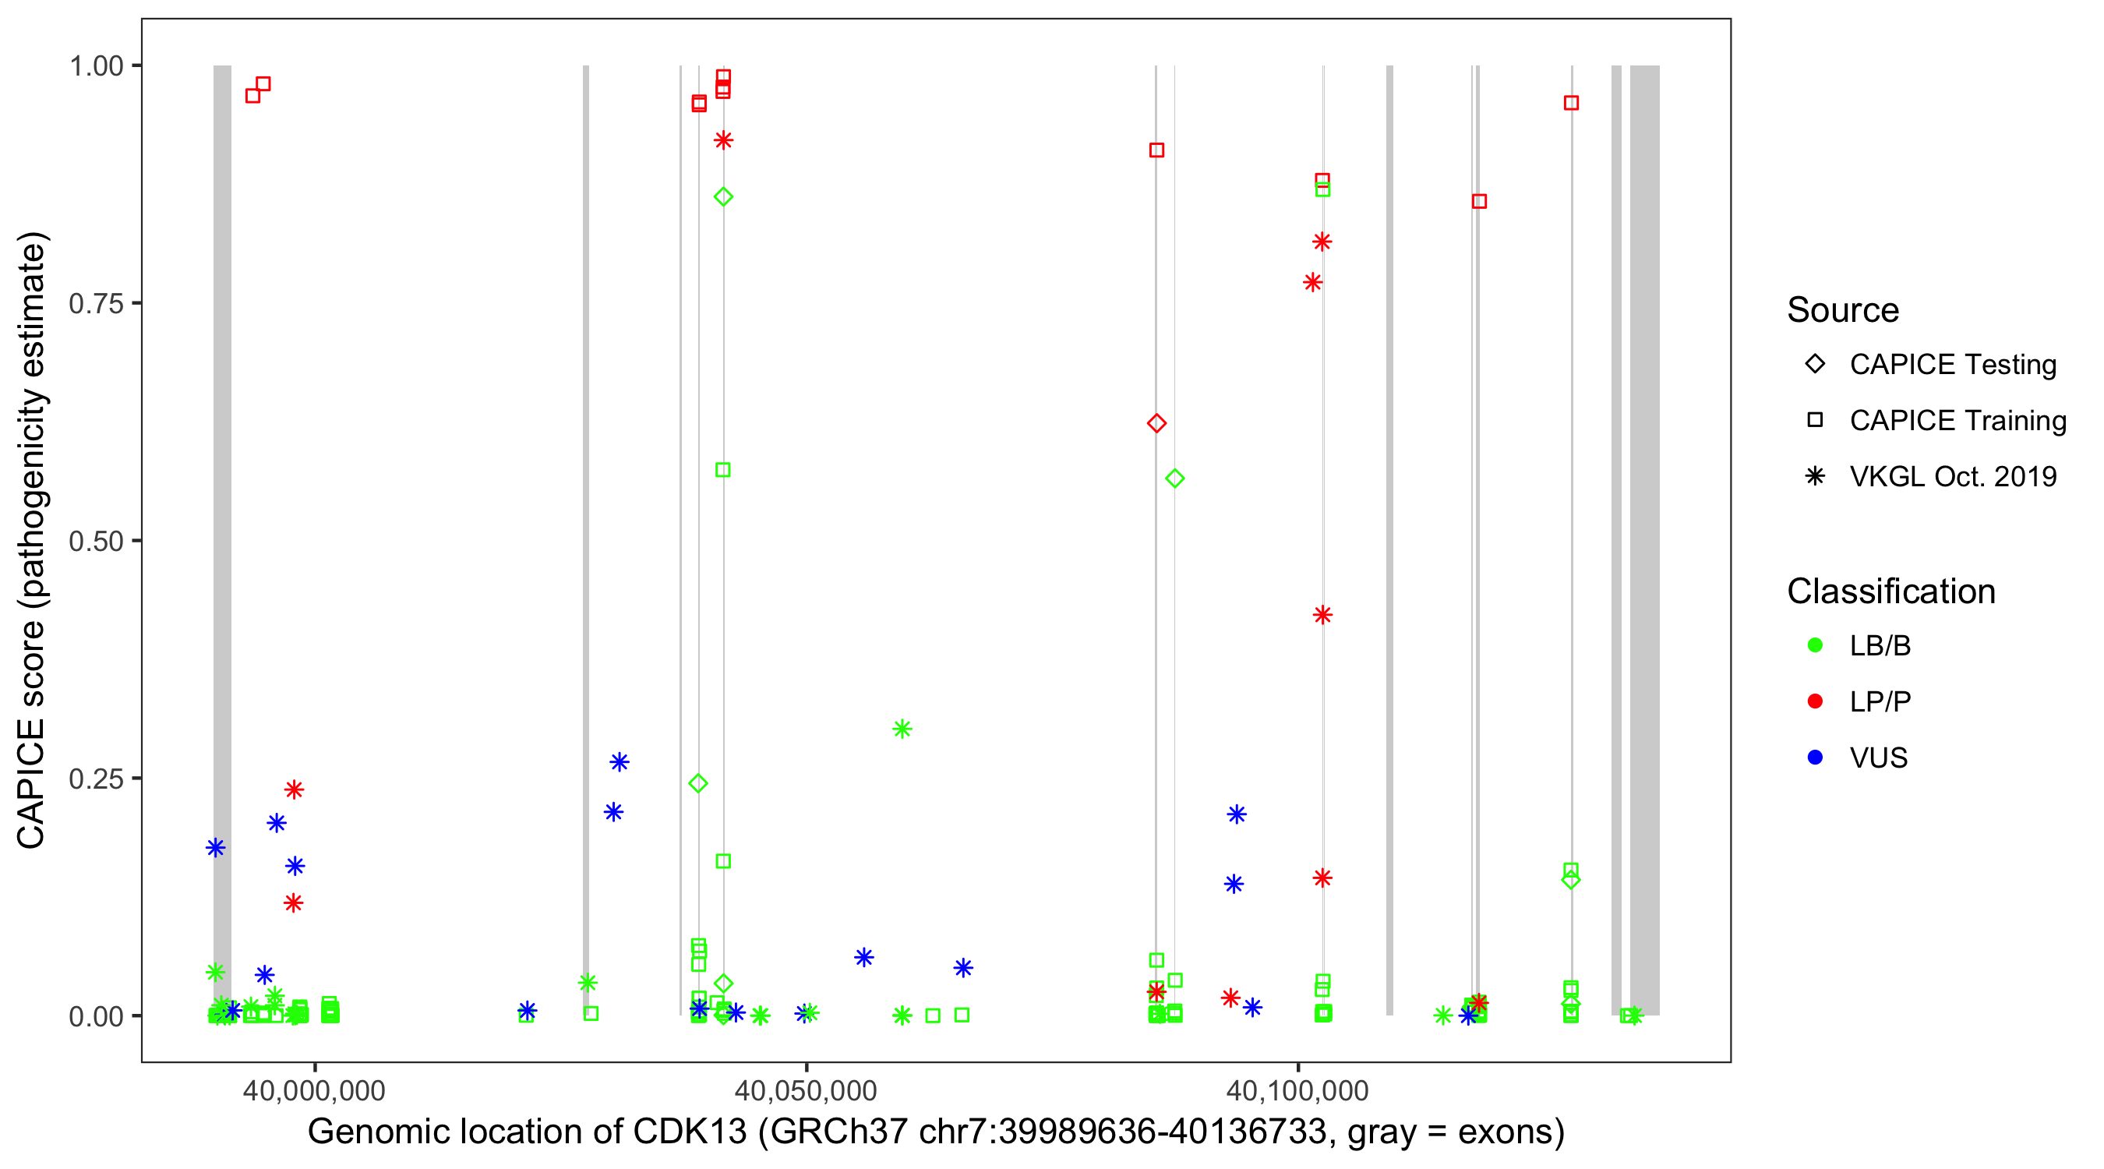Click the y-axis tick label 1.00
pyautogui.click(x=96, y=66)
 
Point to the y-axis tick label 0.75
pyautogui.click(x=96, y=304)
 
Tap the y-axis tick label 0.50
pyautogui.click(x=96, y=542)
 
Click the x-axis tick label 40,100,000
pyautogui.click(x=1297, y=1091)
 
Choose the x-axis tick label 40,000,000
pyautogui.click(x=315, y=1091)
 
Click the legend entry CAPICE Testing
pyautogui.click(x=1952, y=365)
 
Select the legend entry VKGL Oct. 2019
pyautogui.click(x=1952, y=476)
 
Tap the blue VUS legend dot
pyautogui.click(x=1815, y=758)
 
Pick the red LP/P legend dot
pyautogui.click(x=1815, y=701)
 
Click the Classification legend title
pyautogui.click(x=1890, y=592)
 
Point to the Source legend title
pyautogui.click(x=1843, y=310)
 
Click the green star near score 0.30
pyautogui.click(x=902, y=729)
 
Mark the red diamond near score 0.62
pyautogui.click(x=1156, y=423)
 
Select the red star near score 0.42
pyautogui.click(x=1322, y=615)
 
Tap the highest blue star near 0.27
pyautogui.click(x=619, y=762)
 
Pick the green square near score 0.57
pyautogui.click(x=723, y=470)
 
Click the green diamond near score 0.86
pyautogui.click(x=723, y=197)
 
